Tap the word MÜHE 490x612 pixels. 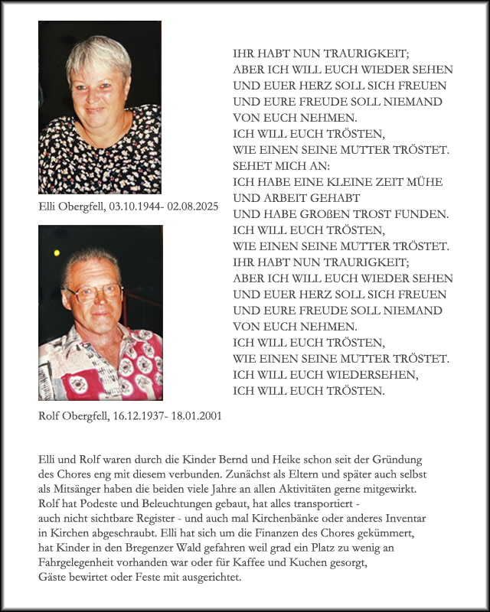425,182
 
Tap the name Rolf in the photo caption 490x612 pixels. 50,416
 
